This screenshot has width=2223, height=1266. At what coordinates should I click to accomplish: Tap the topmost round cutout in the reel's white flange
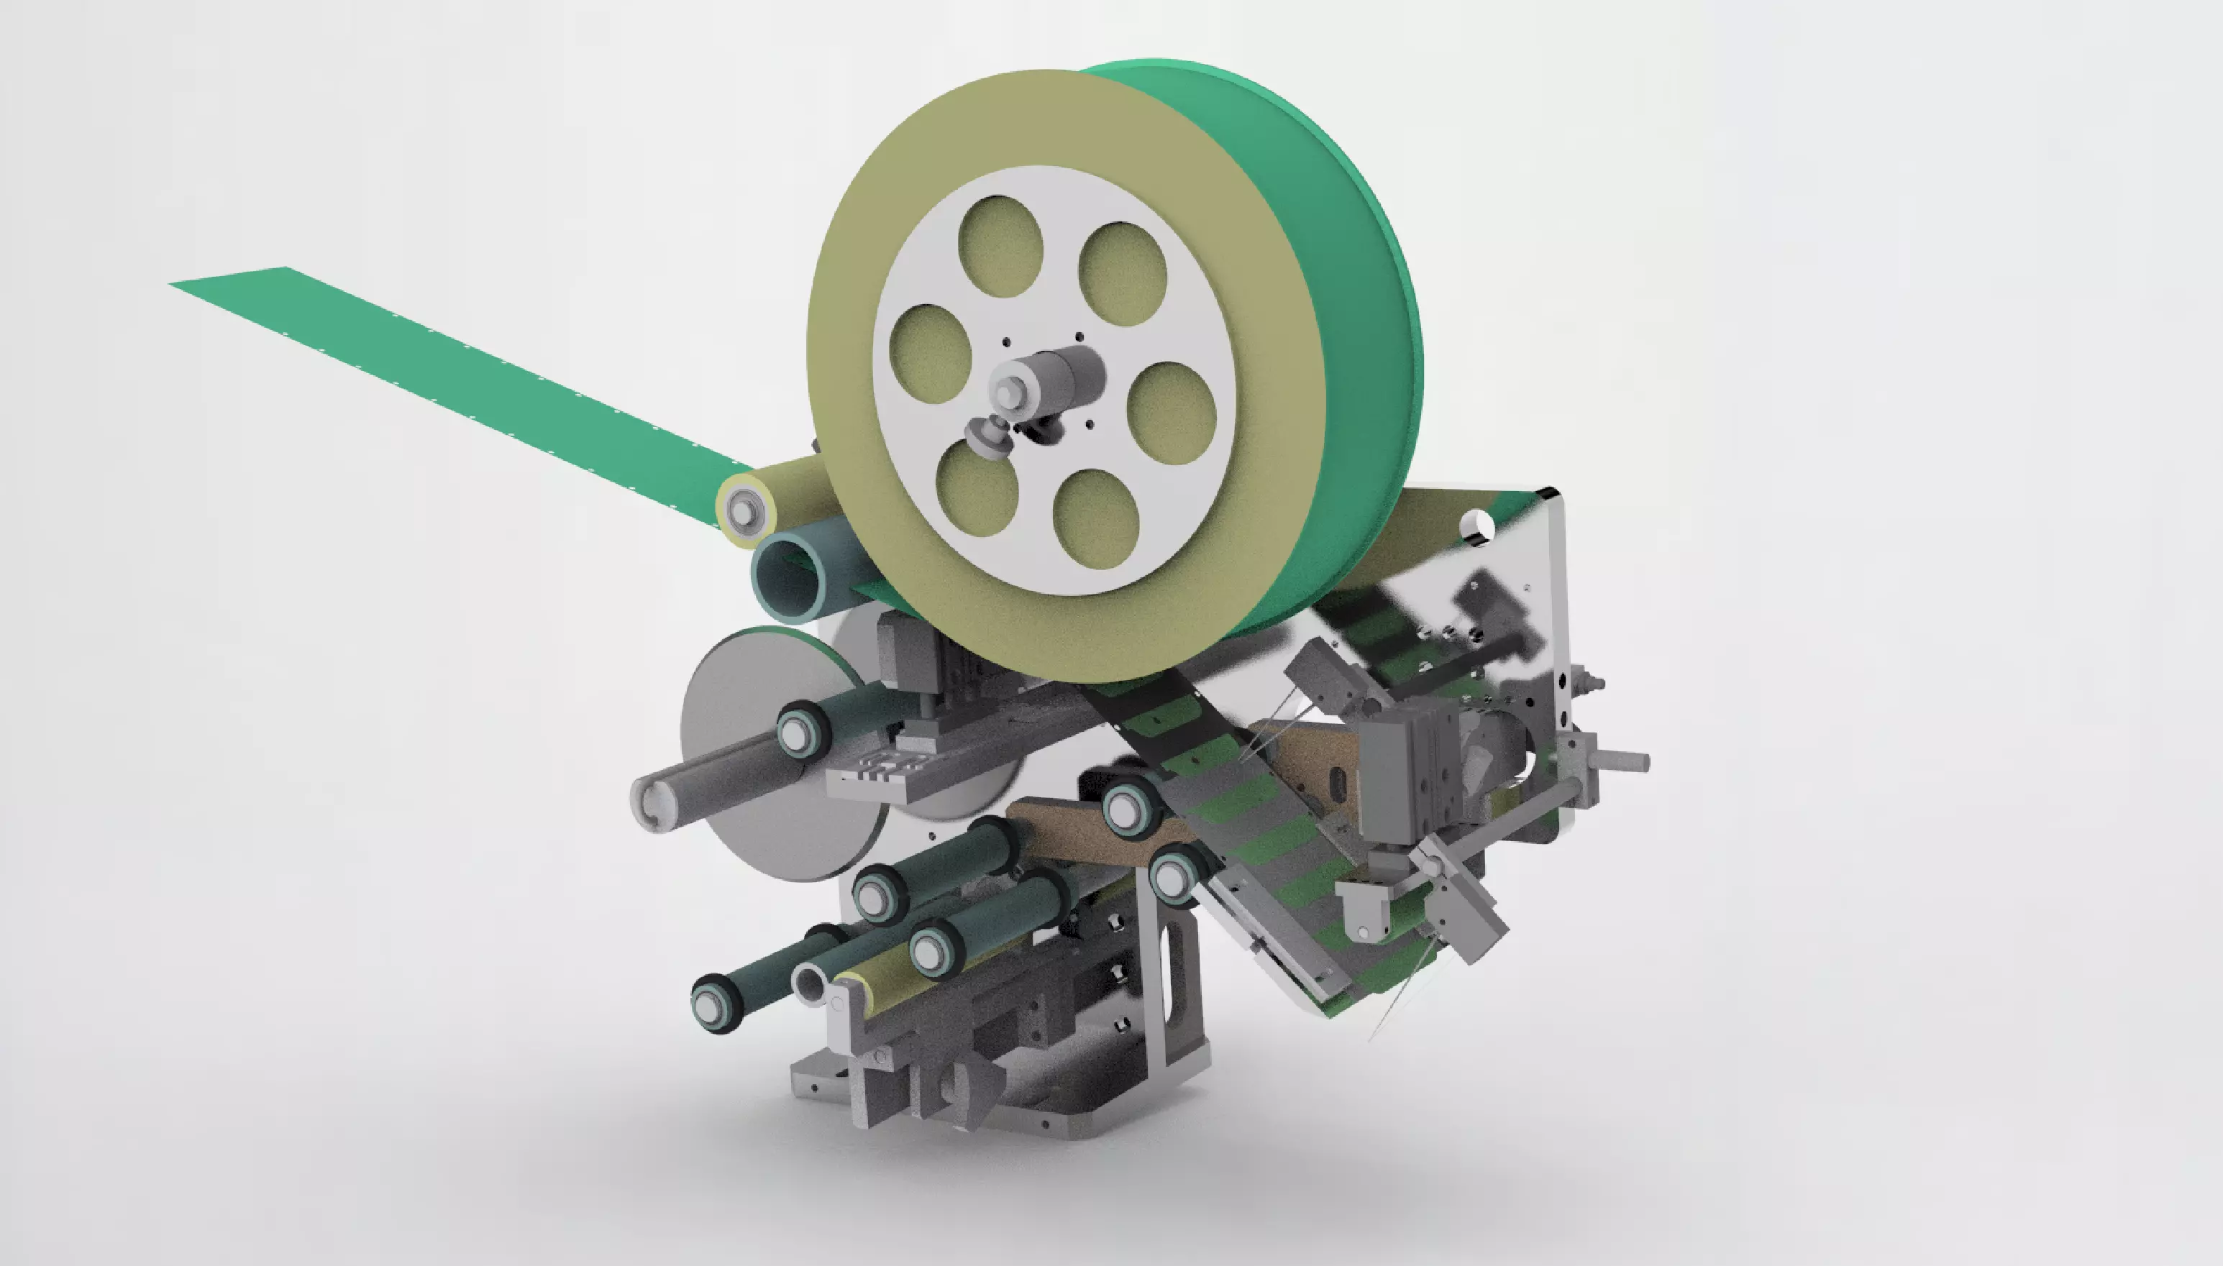pos(1000,245)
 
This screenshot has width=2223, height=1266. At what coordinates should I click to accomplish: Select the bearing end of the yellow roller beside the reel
pos(740,507)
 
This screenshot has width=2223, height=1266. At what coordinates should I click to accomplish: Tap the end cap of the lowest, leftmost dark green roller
pos(711,1005)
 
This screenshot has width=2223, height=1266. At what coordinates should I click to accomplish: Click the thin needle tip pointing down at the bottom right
pos(1374,1035)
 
